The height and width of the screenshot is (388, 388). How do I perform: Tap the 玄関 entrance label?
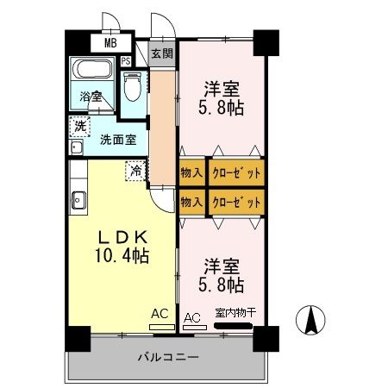point(161,53)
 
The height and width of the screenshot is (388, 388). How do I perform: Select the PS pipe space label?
point(126,61)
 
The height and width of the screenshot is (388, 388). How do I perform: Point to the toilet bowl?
point(132,88)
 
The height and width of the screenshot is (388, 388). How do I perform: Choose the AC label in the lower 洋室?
point(192,317)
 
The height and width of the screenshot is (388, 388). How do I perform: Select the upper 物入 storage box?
point(192,172)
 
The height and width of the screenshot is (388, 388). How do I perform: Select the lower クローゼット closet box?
point(236,202)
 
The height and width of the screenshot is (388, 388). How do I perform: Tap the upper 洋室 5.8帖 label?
point(221,98)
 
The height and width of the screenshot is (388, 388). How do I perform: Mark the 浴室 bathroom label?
point(91,97)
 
